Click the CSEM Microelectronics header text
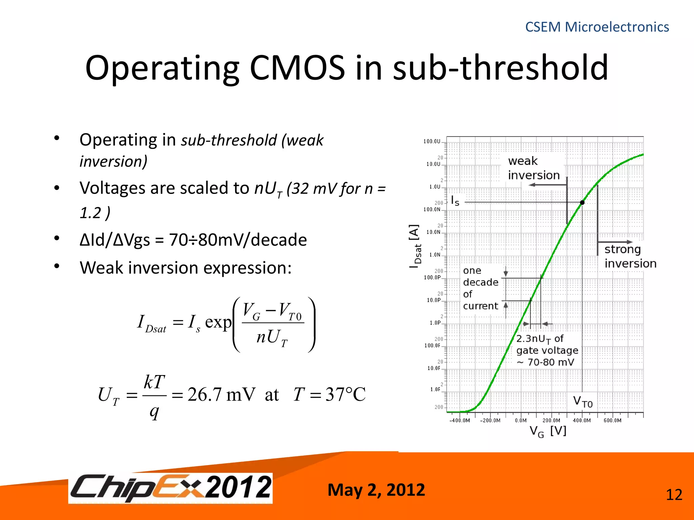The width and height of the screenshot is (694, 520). tap(597, 27)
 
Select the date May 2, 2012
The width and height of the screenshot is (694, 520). tap(376, 490)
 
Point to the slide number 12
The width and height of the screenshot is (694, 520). tap(674, 495)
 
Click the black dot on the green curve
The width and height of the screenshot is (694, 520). tap(582, 202)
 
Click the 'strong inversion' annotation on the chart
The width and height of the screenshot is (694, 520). tap(630, 256)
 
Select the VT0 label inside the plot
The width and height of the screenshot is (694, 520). tap(583, 402)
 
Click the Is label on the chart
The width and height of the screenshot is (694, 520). tap(455, 201)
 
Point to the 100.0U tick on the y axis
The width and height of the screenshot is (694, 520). tap(432, 142)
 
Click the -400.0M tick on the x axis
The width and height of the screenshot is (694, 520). tap(460, 420)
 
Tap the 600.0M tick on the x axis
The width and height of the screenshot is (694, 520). tap(612, 420)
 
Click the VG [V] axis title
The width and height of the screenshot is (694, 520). tap(548, 431)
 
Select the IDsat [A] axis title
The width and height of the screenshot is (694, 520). tap(415, 246)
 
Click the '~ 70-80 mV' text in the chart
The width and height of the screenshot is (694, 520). tap(546, 362)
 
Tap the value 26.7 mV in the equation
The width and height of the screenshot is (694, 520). tap(221, 394)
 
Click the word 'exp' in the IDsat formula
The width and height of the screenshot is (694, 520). tap(218, 322)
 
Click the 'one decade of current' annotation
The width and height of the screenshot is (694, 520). tap(480, 288)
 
